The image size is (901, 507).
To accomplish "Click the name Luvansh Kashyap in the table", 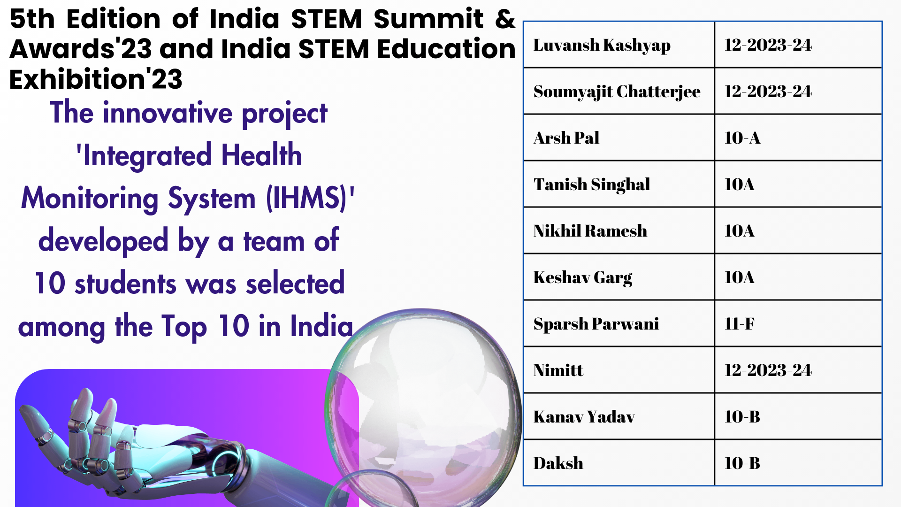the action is tap(602, 46).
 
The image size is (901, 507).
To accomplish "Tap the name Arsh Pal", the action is tap(566, 138).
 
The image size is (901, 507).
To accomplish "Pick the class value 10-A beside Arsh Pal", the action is tap(742, 138).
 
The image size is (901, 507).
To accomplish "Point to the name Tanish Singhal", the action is tap(591, 184).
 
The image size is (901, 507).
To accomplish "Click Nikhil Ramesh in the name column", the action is tap(590, 230).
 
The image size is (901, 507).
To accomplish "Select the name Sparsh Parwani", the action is tap(596, 324).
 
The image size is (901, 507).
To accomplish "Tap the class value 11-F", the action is tap(739, 323).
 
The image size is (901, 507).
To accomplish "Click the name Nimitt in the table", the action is tap(558, 370).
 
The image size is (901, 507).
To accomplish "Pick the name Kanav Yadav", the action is tap(584, 416).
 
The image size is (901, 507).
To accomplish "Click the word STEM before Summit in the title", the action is tap(327, 19).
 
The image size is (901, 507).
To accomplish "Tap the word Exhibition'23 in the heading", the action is tap(96, 79).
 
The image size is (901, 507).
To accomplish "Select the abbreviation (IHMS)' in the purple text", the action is tap(310, 198).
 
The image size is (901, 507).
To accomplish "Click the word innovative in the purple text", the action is tap(168, 113).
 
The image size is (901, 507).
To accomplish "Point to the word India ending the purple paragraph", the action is tap(321, 326).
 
